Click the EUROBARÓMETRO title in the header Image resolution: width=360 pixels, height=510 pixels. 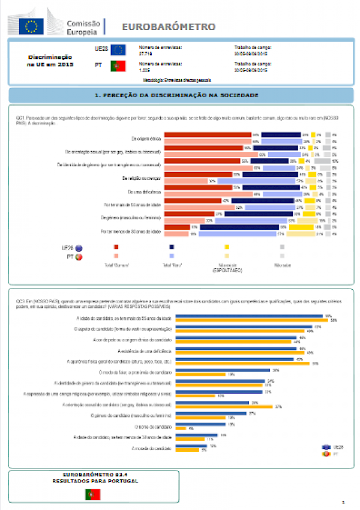point(169,27)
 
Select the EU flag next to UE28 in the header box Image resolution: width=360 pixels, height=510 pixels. point(118,49)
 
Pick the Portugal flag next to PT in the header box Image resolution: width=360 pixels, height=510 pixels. point(118,67)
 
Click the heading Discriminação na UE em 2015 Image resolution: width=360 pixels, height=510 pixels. point(50,61)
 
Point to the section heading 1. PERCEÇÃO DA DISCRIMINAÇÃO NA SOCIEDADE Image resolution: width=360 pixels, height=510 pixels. point(176,95)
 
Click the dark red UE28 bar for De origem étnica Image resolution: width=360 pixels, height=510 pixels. point(207,135)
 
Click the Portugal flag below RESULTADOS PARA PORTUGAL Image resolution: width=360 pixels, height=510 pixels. point(93,494)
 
